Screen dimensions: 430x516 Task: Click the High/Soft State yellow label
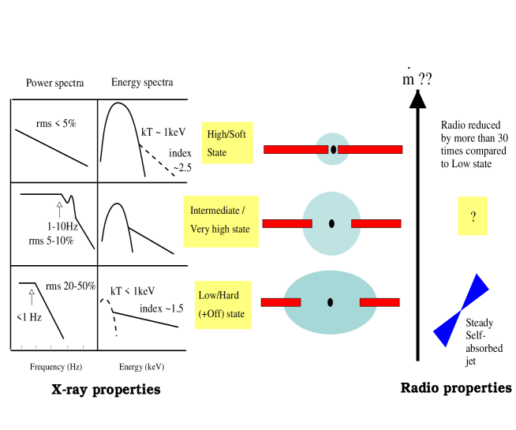tap(227, 143)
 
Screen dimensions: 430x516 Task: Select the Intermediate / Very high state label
tap(221, 220)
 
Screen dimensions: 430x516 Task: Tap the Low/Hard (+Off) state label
tap(222, 305)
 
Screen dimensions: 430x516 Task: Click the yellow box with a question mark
tap(472, 216)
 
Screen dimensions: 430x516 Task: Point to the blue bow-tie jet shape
tap(461, 311)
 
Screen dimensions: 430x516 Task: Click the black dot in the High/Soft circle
tap(333, 149)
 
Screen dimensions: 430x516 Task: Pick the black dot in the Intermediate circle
tap(331, 223)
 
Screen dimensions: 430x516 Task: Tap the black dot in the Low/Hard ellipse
tap(330, 302)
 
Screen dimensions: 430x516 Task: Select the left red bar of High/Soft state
tap(296, 149)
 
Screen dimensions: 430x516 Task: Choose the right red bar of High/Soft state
tap(370, 149)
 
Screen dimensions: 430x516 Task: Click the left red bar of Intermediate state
tap(287, 223)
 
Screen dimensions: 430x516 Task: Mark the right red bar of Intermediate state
tap(376, 223)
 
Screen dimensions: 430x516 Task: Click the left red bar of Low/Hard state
tap(281, 302)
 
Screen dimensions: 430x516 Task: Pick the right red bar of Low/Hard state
tap(380, 302)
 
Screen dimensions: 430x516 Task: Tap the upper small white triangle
tap(59, 205)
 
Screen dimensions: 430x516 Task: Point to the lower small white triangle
tap(32, 292)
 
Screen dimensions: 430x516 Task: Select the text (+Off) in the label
tap(210, 314)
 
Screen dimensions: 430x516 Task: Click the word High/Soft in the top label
tap(226, 134)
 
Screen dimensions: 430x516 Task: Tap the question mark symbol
tap(473, 217)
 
